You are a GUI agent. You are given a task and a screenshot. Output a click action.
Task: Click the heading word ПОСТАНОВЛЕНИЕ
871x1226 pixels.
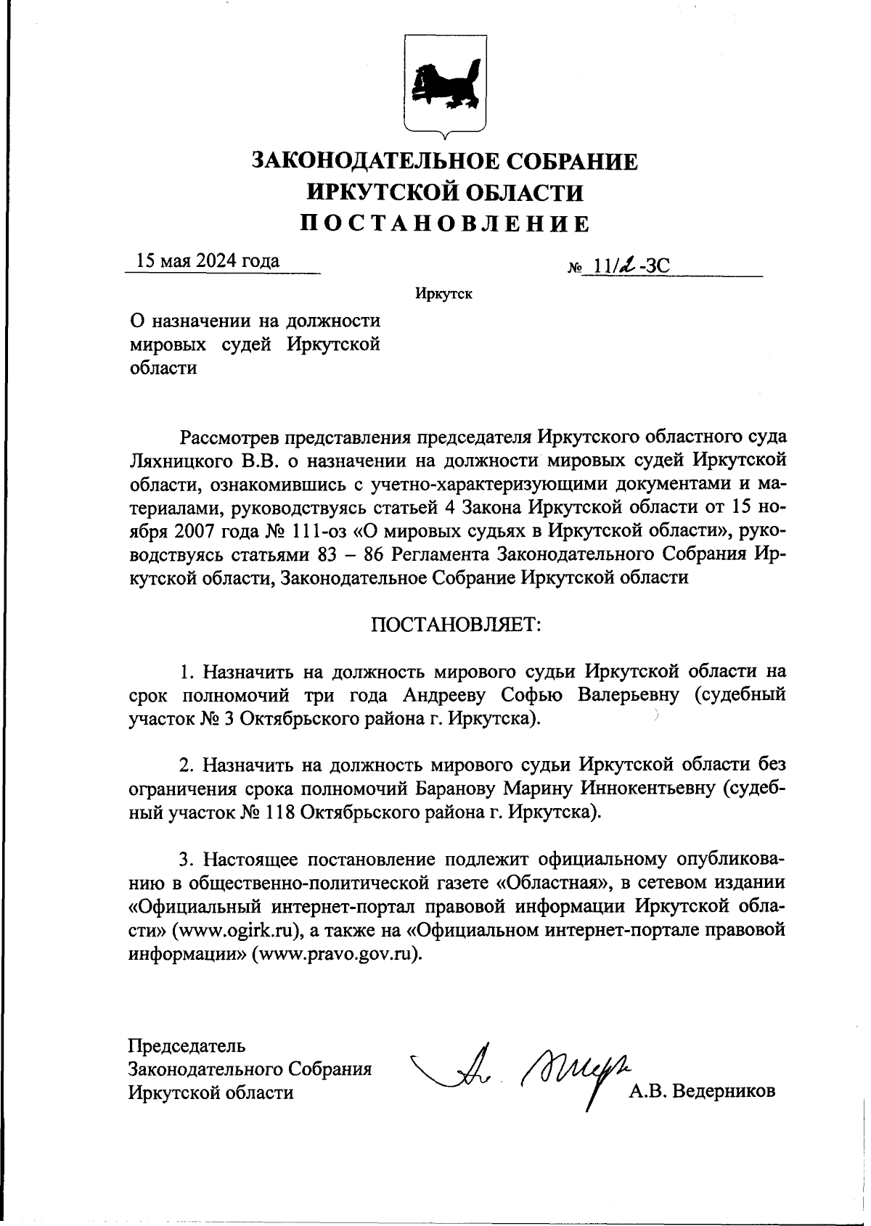[x=445, y=223]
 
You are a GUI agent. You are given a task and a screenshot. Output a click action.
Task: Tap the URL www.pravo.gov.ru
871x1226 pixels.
[x=336, y=954]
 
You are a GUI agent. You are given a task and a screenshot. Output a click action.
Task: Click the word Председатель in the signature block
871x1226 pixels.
[x=187, y=1045]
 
